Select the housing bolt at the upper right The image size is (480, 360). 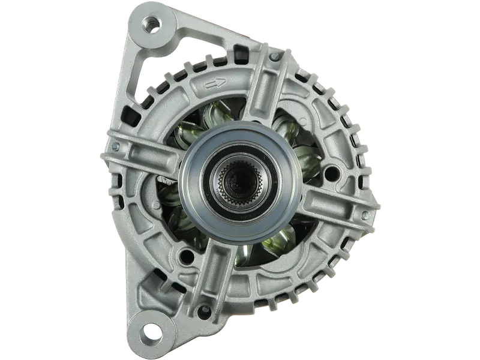[274, 56]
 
